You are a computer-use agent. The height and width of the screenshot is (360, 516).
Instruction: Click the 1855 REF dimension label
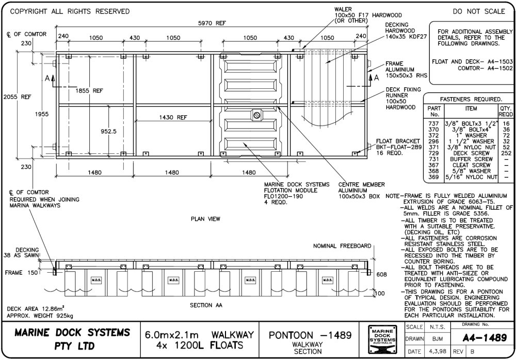89,90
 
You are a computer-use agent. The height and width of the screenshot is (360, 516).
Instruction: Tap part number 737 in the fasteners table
433,124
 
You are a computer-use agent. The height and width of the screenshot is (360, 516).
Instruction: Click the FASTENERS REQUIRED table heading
470,99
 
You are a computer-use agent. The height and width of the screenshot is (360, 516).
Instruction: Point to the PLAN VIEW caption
205,219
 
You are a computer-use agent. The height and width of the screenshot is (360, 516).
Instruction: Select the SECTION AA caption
206,305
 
